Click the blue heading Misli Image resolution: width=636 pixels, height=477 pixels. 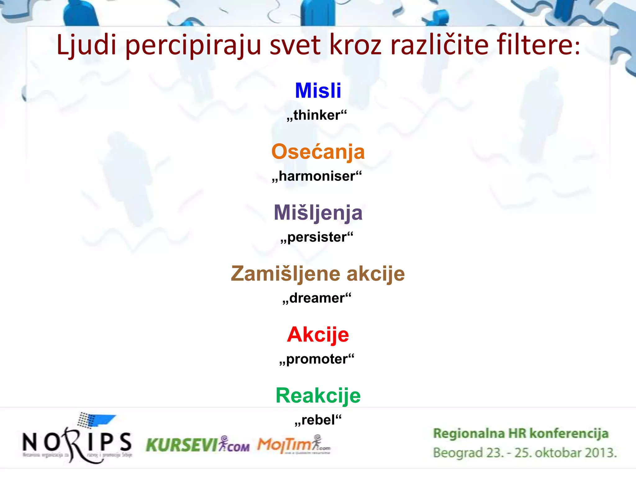[318, 91]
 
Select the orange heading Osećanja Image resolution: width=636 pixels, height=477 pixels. [318, 152]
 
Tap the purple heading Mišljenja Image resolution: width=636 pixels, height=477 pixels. [318, 213]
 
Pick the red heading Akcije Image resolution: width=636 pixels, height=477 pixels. [318, 335]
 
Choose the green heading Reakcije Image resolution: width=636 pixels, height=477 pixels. [318, 396]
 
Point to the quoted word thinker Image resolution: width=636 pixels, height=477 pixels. [317, 115]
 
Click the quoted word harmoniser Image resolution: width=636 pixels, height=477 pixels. [317, 176]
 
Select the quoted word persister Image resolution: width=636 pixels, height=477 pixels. [317, 237]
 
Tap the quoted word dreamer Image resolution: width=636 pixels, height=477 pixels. [317, 298]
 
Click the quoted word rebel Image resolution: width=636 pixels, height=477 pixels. [318, 420]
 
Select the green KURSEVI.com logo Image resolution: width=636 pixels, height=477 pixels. [198, 445]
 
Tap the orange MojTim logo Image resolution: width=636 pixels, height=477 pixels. [293, 445]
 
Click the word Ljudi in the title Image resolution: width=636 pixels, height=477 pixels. [86, 45]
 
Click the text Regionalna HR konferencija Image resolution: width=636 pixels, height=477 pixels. [520, 434]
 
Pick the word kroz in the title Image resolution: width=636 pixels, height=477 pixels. [355, 45]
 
